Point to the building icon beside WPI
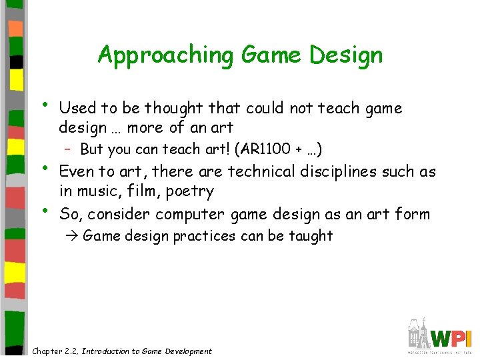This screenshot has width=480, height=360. (x=419, y=333)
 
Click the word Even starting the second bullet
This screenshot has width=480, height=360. (x=77, y=171)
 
